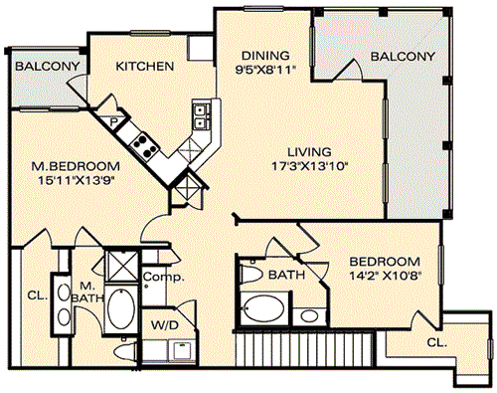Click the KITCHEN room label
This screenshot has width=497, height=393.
tap(145, 67)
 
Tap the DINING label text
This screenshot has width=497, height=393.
tap(265, 55)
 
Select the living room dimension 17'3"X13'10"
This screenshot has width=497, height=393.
tap(309, 165)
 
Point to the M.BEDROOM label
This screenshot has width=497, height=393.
tap(76, 166)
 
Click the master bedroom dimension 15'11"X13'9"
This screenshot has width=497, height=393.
tap(79, 180)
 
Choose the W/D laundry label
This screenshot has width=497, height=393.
tap(165, 325)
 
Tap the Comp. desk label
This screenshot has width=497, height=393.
tap(164, 277)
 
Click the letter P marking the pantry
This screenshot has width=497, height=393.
tap(113, 122)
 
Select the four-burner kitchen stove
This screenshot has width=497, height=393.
tap(143, 144)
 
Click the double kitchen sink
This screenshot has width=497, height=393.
tap(201, 116)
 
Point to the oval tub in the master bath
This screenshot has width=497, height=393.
tap(121, 308)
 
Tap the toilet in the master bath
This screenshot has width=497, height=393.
tap(125, 351)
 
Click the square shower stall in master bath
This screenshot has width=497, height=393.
tap(121, 266)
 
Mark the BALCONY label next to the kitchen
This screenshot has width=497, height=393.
tap(48, 66)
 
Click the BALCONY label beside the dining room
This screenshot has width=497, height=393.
tap(403, 57)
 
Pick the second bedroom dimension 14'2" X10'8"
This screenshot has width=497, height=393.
tap(385, 277)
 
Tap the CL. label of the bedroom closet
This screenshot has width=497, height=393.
tap(437, 342)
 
